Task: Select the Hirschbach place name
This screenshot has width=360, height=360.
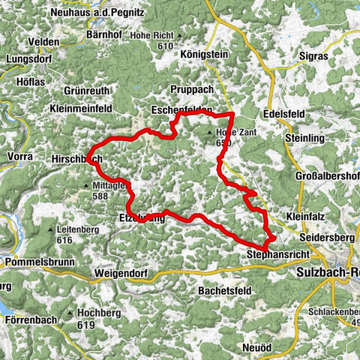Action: (76, 160)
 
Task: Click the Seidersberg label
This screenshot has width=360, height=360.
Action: (325, 237)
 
